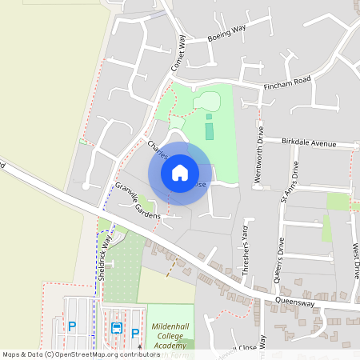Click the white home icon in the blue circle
pos(180,172)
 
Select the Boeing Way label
pos(226,33)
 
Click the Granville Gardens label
pos(137,200)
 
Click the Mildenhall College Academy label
pos(170,326)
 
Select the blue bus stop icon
pos(117,327)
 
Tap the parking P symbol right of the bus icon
pos(135,332)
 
